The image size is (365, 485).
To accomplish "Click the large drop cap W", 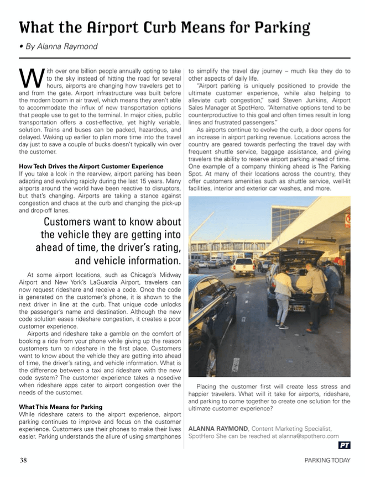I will pos(30,78).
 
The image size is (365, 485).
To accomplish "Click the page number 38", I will pos(24,460).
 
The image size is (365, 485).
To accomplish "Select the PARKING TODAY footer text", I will pos(327,461).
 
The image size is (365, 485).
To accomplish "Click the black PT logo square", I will pos(344,445).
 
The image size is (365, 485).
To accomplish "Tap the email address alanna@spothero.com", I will pos(303,436).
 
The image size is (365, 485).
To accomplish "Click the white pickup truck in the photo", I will pos(243,267).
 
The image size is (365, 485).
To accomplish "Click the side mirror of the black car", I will pos(233,288).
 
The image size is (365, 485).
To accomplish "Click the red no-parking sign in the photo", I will pos(347,220).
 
